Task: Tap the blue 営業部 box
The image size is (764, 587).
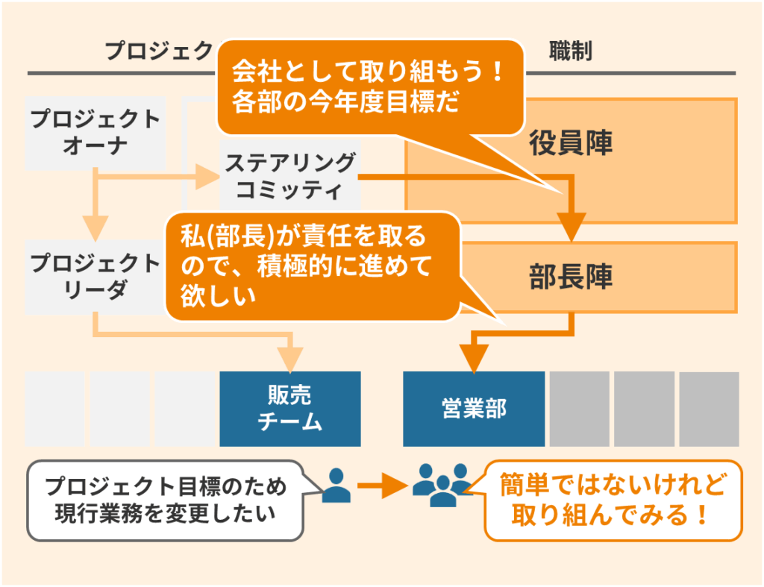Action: pos(474,409)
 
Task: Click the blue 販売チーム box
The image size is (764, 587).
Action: pos(290,409)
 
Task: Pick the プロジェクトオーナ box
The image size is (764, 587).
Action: pos(95,131)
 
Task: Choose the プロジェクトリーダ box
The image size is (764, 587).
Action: pos(95,276)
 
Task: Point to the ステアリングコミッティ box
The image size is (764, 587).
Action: pos(291,177)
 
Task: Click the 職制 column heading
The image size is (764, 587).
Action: pos(570,51)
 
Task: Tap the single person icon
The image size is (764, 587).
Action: pos(337,485)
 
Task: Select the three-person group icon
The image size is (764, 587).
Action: pos(442,486)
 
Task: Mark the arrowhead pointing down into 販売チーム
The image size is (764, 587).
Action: pos(291,357)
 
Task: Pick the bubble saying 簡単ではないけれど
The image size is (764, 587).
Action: pos(613,500)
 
